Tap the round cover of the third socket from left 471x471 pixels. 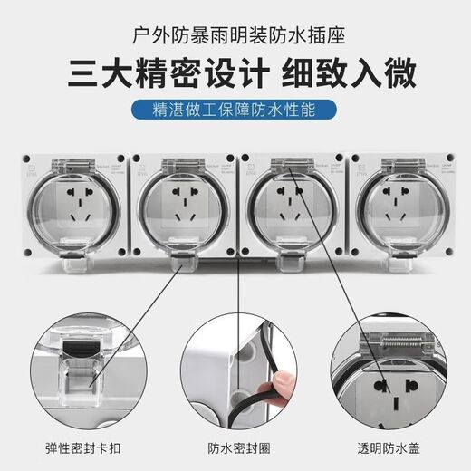coord(288,207)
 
